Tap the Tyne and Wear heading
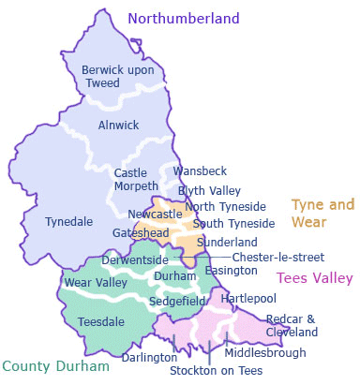pos(322,214)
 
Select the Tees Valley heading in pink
pos(313,278)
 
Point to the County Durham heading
pos(55,366)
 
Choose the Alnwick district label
pos(118,125)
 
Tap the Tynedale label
pos(68,222)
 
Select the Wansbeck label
pos(198,171)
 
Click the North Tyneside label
pos(225,206)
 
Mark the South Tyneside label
pos(233,223)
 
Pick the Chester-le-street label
pos(277,257)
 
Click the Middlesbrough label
pos(265,353)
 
